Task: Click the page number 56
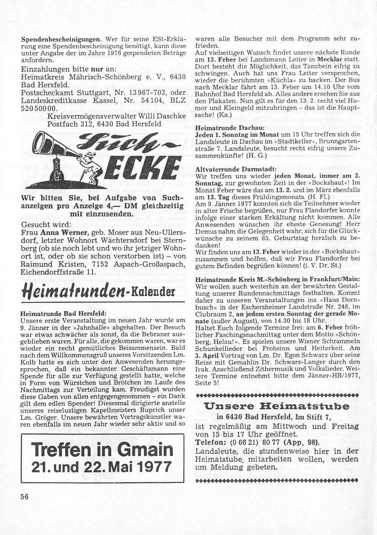point(25,496)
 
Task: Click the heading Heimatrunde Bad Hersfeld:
point(63,313)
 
